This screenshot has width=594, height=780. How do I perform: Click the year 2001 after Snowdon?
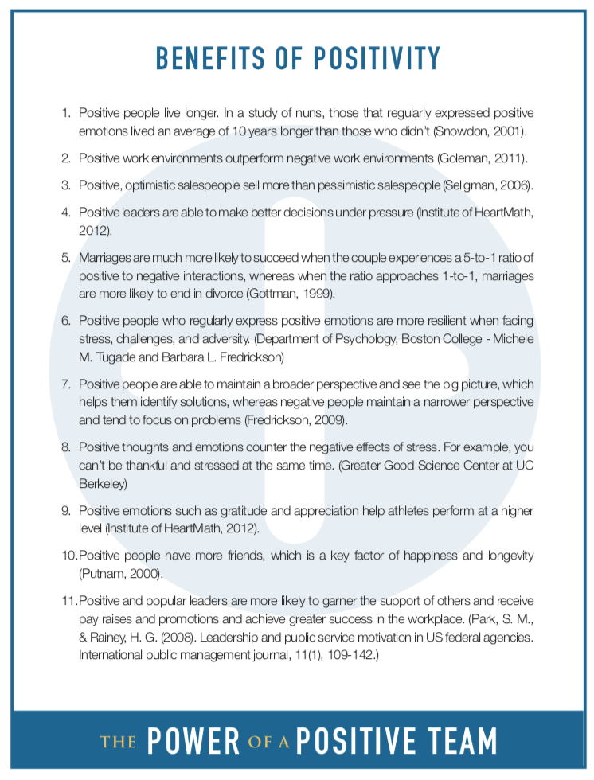[514, 129]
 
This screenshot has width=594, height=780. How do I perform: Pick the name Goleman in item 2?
[464, 158]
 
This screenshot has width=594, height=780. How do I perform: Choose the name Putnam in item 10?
[102, 572]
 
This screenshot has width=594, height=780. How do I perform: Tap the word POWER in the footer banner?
[193, 741]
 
